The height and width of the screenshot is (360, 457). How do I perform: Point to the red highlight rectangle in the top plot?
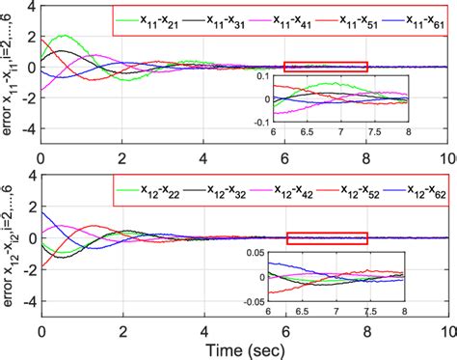coord(326,67)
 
